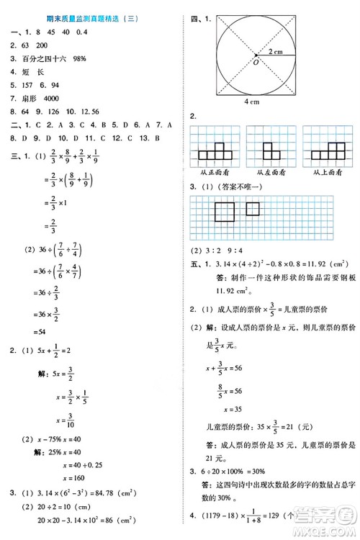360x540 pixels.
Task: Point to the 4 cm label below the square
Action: pos(251,102)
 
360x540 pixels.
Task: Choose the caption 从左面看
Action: pos(270,171)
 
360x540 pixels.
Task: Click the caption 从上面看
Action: pos(326,171)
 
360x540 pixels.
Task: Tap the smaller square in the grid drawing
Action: pos(252,209)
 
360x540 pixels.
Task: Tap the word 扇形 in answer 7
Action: pos(27,97)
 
